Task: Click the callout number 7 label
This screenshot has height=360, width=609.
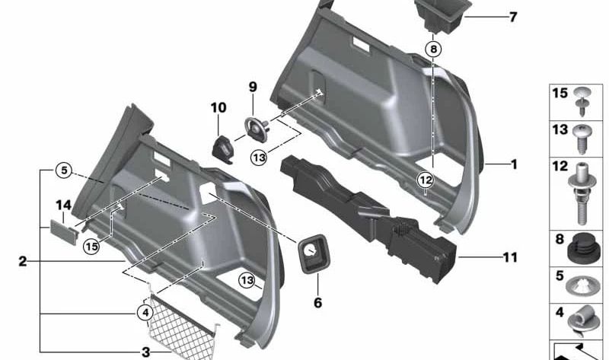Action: [x=512, y=16]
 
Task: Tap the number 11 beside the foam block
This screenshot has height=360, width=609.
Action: [x=510, y=258]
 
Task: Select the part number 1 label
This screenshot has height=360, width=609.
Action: [x=514, y=164]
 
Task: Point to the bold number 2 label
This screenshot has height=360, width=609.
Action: [x=23, y=261]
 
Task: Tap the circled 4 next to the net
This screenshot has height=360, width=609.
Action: [x=145, y=311]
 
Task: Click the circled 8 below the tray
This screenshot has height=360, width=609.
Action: [x=433, y=49]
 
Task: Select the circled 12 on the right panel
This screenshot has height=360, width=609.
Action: [x=424, y=180]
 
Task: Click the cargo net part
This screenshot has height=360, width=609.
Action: [x=183, y=320]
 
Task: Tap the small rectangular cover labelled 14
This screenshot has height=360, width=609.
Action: [x=62, y=229]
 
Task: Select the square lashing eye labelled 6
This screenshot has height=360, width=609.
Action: [x=312, y=253]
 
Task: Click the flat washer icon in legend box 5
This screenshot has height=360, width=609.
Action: [x=582, y=286]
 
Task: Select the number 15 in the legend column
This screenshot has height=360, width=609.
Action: [x=560, y=94]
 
